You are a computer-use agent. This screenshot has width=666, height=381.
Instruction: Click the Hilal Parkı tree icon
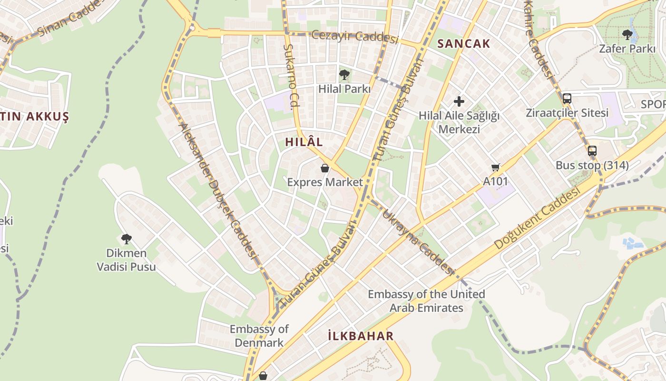click(344, 75)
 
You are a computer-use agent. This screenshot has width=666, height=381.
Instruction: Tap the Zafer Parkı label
click(627, 49)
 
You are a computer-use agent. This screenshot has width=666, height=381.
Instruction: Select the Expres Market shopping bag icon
click(325, 168)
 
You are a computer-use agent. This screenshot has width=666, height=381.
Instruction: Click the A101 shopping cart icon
click(496, 167)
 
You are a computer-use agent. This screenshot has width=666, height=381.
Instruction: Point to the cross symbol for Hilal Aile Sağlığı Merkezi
click(459, 101)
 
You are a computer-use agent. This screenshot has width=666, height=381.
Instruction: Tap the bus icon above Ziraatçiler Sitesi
click(567, 99)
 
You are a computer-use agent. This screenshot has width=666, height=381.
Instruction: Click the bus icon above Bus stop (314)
click(592, 151)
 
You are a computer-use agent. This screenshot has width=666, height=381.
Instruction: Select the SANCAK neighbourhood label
click(463, 44)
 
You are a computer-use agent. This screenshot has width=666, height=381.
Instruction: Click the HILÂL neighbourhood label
click(304, 142)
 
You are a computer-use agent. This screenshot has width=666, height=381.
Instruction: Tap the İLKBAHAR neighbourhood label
click(361, 336)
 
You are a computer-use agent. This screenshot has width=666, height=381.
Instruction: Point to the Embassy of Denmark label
click(259, 336)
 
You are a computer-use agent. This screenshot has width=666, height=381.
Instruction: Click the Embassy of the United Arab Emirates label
click(426, 301)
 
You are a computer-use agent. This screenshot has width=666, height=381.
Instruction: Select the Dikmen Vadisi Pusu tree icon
click(126, 239)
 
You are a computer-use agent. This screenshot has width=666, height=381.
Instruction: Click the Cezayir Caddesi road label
click(355, 36)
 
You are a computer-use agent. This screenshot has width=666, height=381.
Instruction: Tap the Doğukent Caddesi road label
click(537, 219)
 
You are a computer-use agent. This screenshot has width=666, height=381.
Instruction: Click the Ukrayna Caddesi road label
click(418, 242)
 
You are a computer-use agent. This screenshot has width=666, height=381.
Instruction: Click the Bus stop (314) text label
click(592, 166)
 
